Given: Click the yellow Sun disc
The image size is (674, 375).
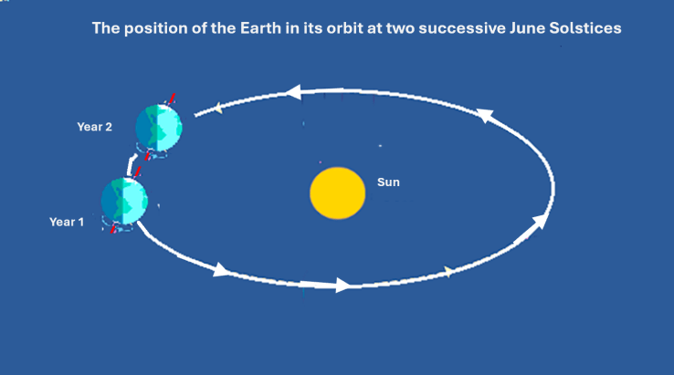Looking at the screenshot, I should tap(338, 193).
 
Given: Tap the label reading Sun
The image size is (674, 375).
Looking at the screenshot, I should tap(388, 182).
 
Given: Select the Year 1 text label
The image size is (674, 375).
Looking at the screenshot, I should tap(67, 222).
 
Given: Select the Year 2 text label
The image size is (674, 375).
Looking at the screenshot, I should tap(94, 127).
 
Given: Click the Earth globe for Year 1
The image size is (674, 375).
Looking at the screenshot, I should tap(124, 201).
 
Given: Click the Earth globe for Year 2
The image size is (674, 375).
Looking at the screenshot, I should tap(159, 128).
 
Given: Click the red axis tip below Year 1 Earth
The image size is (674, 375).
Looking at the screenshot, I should tap(114, 229).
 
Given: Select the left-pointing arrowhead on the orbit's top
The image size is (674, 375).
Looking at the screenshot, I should tap(292, 91).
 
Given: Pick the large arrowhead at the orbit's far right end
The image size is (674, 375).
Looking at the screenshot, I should tap(544, 220).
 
